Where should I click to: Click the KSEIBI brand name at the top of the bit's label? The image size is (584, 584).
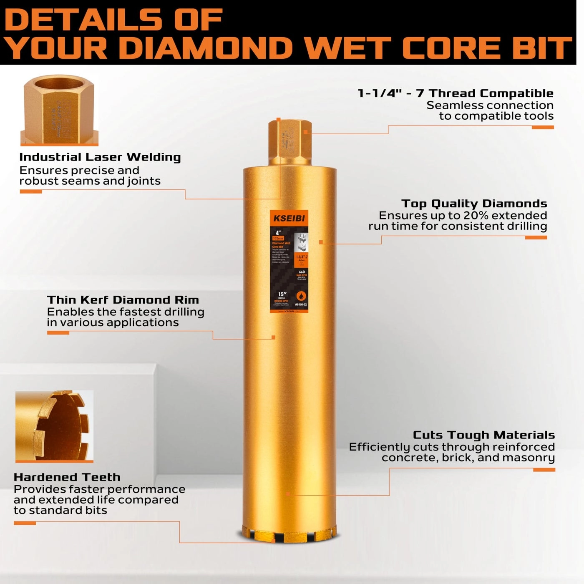pos(289,218)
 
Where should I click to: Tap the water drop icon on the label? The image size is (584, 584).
pos(301,296)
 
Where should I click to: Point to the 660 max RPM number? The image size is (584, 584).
pos(302,272)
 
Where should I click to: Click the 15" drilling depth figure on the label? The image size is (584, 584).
pos(282,295)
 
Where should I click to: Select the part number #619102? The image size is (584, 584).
pos(301,305)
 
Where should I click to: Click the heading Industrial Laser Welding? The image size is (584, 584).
pos(100,157)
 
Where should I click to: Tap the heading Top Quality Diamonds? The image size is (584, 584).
pos(474,204)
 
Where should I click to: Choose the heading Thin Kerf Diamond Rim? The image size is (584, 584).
pos(123,300)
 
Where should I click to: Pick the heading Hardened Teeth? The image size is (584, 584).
pos(67,477)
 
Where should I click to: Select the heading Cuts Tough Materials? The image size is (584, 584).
pos(483,435)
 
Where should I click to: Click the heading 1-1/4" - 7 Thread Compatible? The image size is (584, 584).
pos(456,93)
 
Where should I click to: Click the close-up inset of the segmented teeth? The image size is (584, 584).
pos(54,426)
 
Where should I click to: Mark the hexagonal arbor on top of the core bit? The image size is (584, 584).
pos(290,142)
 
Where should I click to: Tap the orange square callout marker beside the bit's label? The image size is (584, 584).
pos(321,242)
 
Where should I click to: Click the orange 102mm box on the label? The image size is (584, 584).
pos(278,238)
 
